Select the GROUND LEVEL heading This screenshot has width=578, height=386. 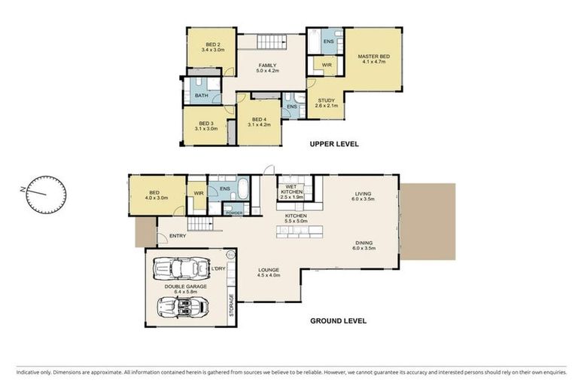point(338,320)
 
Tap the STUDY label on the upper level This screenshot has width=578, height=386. point(326,103)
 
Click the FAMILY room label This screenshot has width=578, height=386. point(269,68)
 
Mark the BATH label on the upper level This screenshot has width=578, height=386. point(201,96)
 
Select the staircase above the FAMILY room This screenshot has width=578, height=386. point(271,42)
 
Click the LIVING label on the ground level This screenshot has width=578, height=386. point(364,198)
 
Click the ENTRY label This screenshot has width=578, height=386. point(178,236)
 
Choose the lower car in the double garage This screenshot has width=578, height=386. point(181,306)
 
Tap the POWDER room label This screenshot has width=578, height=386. point(233,213)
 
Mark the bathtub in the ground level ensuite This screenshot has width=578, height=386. point(243,188)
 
